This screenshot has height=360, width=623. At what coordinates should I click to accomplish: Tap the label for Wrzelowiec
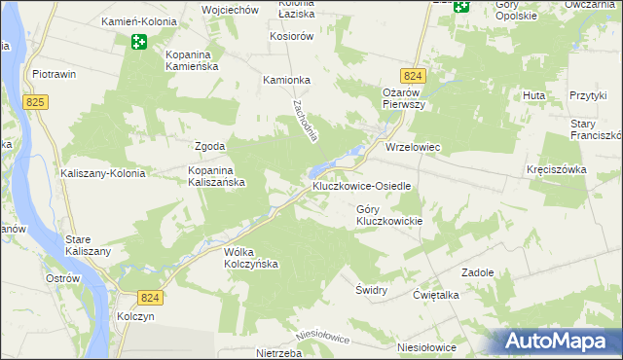coord(413,148)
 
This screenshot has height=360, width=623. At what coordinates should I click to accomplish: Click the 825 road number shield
coord(37,101)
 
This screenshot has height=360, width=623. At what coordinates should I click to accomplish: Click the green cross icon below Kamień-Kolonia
coord(139,42)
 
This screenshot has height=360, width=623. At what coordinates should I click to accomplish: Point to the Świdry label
coord(371,290)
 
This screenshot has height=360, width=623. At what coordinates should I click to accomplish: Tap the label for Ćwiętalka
coord(436,295)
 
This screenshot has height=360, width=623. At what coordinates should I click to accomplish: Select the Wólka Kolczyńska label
coord(251,257)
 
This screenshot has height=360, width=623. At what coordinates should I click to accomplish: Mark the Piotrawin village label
coord(55,74)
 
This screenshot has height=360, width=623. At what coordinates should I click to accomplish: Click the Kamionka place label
coord(286,81)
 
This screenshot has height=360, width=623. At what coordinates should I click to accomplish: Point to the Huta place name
coord(533,95)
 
